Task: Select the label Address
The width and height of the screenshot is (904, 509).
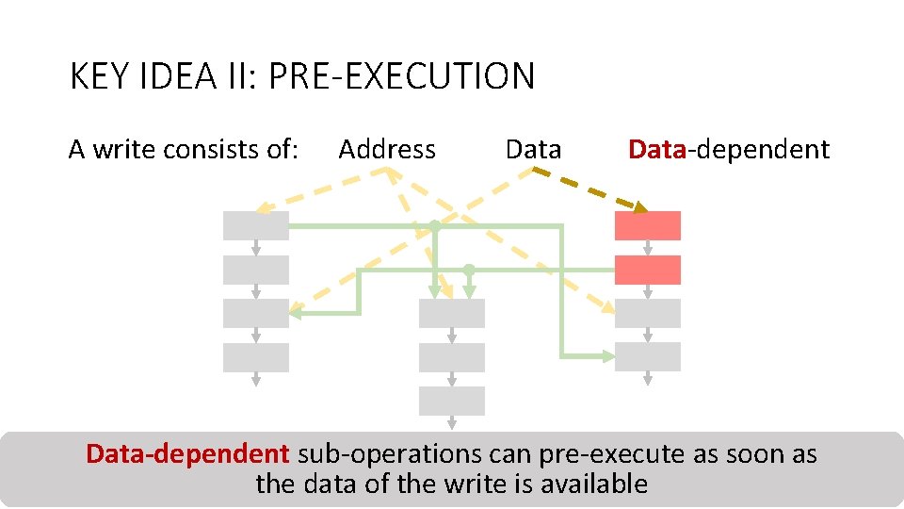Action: pyautogui.click(x=387, y=149)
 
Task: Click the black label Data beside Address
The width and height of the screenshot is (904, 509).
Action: pyautogui.click(x=533, y=149)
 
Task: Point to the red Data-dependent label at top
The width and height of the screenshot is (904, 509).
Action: pyautogui.click(x=729, y=149)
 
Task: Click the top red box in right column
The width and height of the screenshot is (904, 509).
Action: pyautogui.click(x=647, y=225)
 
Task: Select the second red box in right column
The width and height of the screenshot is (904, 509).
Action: pyautogui.click(x=647, y=270)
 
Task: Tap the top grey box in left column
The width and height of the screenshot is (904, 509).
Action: pyautogui.click(x=255, y=225)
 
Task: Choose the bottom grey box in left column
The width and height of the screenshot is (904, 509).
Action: pyautogui.click(x=255, y=357)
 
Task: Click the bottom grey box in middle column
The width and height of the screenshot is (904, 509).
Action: pyautogui.click(x=451, y=401)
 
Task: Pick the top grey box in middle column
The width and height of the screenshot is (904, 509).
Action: pyautogui.click(x=451, y=313)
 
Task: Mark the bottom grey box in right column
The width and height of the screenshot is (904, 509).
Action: pyautogui.click(x=647, y=356)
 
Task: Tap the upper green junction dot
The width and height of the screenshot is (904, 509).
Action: pyautogui.click(x=435, y=226)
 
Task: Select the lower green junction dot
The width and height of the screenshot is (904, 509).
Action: pyautogui.click(x=468, y=271)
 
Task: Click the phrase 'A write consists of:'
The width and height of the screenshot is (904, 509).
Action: pyautogui.click(x=184, y=149)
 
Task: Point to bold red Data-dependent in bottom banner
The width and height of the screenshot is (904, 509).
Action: pyautogui.click(x=187, y=453)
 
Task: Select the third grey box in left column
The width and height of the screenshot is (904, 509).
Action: pyautogui.click(x=255, y=313)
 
